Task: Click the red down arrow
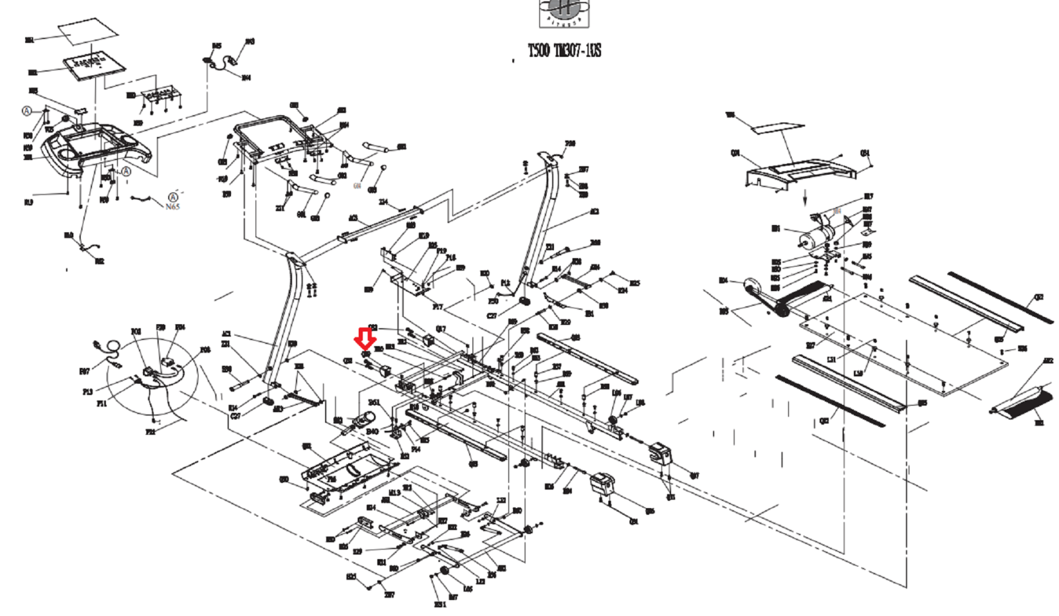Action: click(x=365, y=338)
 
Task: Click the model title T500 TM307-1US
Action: click(x=564, y=51)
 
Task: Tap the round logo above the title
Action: click(x=564, y=13)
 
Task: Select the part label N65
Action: click(x=172, y=206)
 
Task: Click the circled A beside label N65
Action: click(x=173, y=197)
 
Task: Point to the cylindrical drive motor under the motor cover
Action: click(x=815, y=236)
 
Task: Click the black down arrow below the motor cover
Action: click(x=805, y=198)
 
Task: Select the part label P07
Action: click(x=84, y=371)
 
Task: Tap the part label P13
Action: click(x=87, y=392)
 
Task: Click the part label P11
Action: click(x=101, y=403)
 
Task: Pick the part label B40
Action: click(x=372, y=432)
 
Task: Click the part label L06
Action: click(x=616, y=394)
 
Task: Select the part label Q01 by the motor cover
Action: click(x=735, y=154)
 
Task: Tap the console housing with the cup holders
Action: click(x=96, y=149)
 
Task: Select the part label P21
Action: click(x=150, y=431)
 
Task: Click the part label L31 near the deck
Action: click(x=831, y=359)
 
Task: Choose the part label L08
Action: click(x=640, y=403)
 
